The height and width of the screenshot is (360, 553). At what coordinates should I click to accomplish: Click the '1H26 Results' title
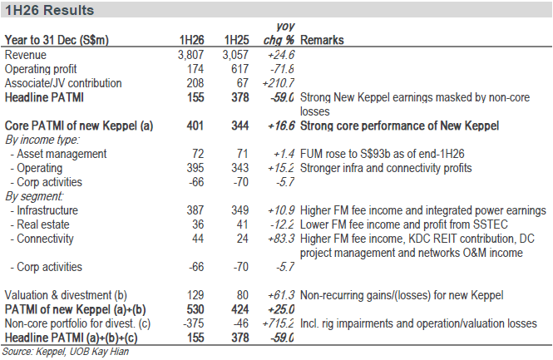[49, 10]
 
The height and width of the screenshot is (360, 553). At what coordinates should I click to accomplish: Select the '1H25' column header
[237, 40]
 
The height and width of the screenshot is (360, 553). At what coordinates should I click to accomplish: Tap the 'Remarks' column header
[322, 40]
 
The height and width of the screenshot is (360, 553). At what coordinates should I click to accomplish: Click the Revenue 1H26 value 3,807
[190, 55]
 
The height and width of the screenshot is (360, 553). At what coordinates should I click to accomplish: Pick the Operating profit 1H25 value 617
[239, 69]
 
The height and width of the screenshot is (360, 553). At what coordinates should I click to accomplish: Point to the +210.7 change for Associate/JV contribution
[279, 83]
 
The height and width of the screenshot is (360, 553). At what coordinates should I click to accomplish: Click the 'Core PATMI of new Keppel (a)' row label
[79, 126]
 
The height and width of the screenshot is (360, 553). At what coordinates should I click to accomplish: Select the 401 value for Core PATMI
[195, 126]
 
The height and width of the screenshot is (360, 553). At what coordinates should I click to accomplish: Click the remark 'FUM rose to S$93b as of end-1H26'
[383, 154]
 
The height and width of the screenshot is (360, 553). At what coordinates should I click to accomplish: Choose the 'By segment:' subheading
[34, 196]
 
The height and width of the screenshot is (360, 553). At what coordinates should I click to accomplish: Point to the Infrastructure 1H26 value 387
[195, 210]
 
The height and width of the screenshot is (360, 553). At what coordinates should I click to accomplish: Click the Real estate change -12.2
[282, 224]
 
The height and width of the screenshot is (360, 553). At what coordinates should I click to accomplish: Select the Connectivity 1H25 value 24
[242, 239]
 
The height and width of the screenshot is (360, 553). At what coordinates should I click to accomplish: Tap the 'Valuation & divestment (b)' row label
[66, 295]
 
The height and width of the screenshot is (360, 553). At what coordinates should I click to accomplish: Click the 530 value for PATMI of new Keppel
[195, 309]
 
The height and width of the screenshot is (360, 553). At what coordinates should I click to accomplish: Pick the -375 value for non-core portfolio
[193, 323]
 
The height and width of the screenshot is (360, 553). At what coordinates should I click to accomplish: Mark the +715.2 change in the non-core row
[279, 323]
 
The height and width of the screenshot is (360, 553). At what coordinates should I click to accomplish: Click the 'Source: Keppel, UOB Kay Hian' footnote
[66, 352]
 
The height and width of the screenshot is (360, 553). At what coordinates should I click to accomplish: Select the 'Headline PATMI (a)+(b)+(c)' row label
[71, 338]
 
